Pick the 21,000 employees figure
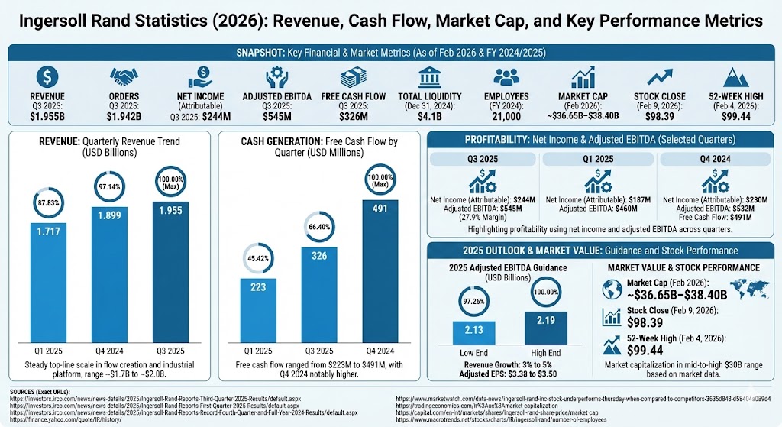[507, 116]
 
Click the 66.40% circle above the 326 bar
[320, 227]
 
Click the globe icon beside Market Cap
[613, 290]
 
